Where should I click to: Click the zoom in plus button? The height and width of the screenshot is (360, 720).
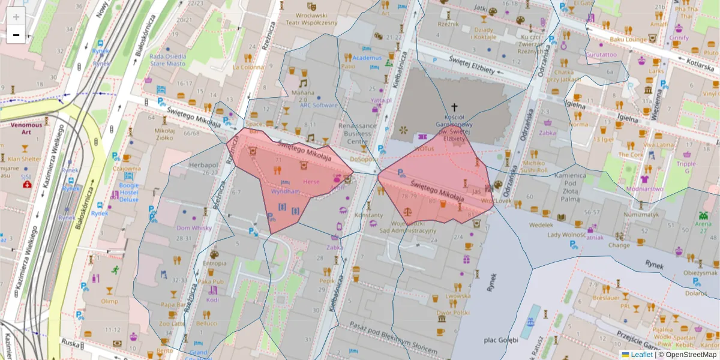(16, 17)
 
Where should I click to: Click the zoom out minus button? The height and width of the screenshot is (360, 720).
(16, 35)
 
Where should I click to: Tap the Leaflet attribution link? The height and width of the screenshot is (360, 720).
(641, 355)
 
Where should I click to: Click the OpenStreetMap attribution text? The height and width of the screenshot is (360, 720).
(691, 355)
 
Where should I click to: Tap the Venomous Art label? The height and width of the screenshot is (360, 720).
(26, 128)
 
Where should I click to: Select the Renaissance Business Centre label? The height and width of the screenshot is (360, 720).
(357, 134)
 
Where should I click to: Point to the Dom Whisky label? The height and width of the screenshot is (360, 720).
(194, 228)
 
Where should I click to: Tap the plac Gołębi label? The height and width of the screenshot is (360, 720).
(500, 341)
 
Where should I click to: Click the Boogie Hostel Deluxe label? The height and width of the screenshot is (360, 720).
(129, 193)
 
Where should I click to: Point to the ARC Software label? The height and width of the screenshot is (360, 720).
(319, 105)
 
